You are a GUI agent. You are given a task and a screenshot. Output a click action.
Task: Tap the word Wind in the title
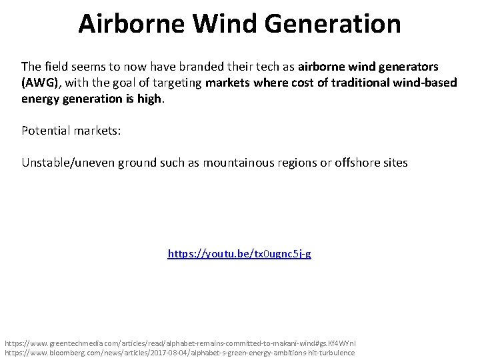click(x=216, y=23)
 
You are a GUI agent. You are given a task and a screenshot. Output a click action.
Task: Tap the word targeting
click(x=181, y=83)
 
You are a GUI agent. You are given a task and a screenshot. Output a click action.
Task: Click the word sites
click(x=393, y=163)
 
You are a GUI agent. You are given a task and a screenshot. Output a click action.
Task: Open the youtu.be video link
click(x=239, y=254)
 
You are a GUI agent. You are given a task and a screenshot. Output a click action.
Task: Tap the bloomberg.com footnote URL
click(x=179, y=352)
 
